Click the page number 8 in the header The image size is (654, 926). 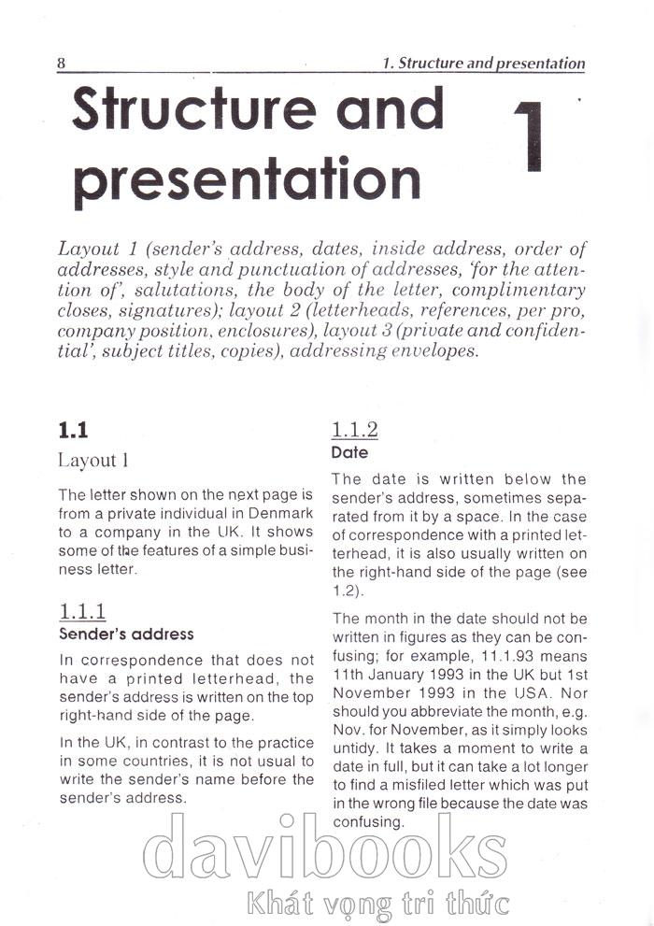tap(61, 64)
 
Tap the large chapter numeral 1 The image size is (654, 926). tap(529, 136)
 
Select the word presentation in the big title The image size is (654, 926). tap(247, 177)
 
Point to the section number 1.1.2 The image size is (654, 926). tap(354, 430)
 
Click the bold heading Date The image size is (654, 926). tap(350, 452)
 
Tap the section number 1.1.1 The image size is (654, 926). tap(82, 611)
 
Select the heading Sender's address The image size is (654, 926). tap(126, 634)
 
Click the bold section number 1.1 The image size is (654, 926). tap(73, 430)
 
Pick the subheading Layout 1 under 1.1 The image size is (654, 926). tap(93, 460)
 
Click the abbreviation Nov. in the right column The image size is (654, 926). tap(348, 730)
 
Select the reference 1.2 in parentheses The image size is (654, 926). tap(343, 591)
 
